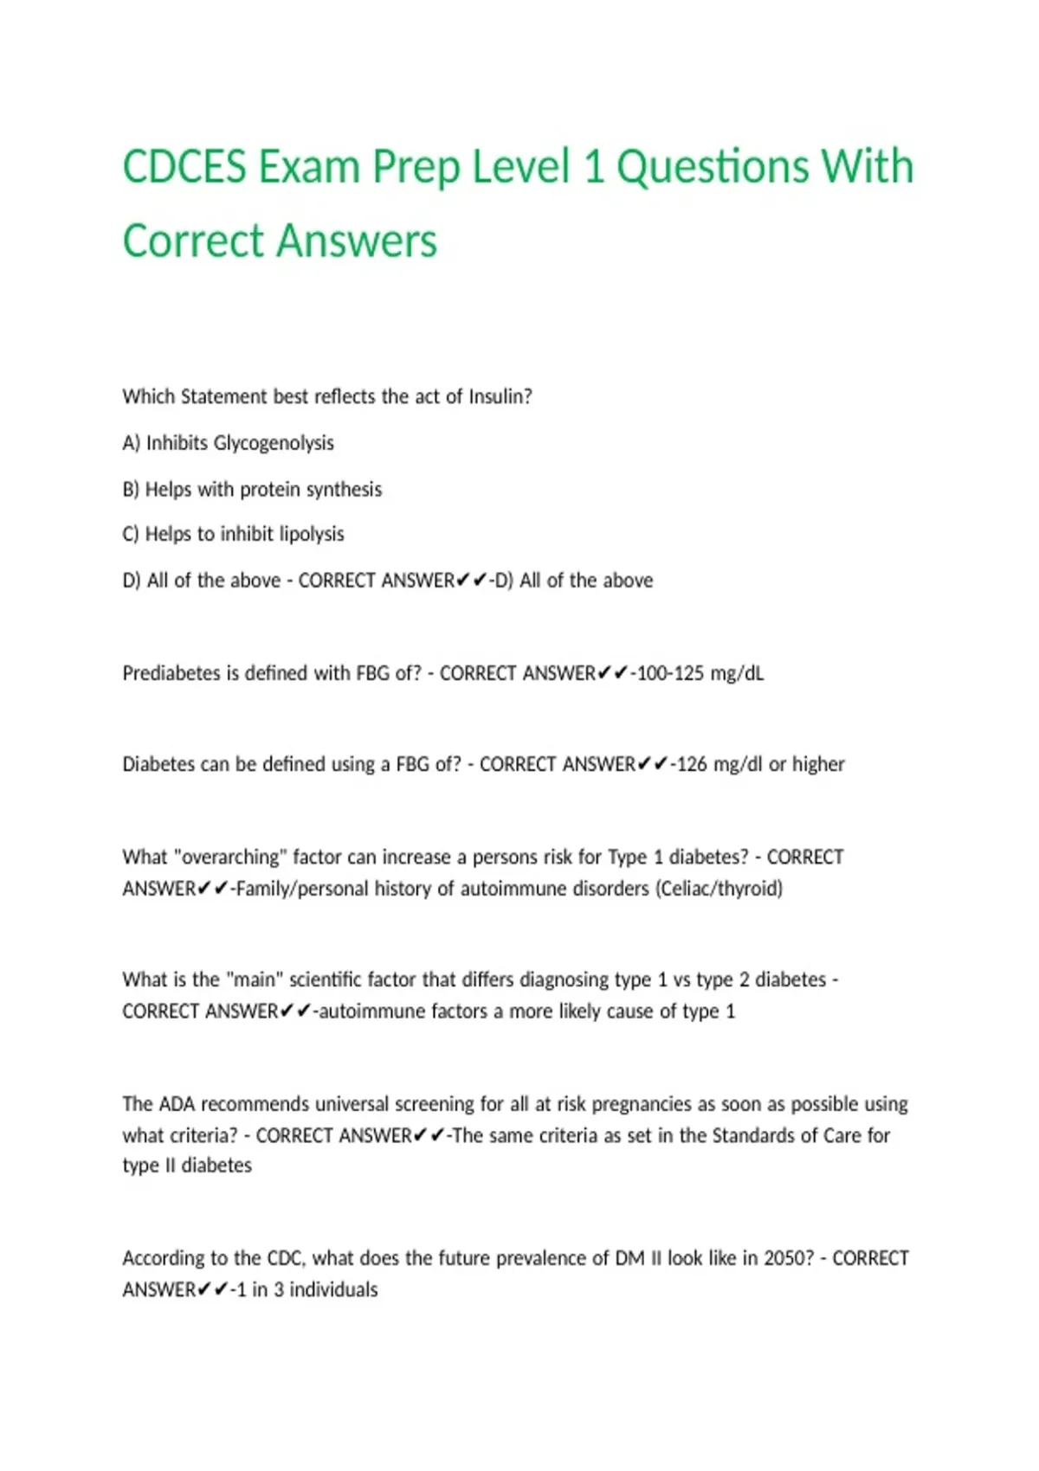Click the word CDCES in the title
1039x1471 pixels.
[x=184, y=166]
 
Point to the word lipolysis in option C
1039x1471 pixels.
[x=312, y=535]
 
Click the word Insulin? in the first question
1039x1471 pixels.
[x=500, y=396]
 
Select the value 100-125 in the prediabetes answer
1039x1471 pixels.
[x=670, y=673]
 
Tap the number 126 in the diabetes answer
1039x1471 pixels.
[x=692, y=764]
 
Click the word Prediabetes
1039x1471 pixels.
[x=171, y=673]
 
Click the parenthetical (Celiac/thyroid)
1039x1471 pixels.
[x=720, y=889]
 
